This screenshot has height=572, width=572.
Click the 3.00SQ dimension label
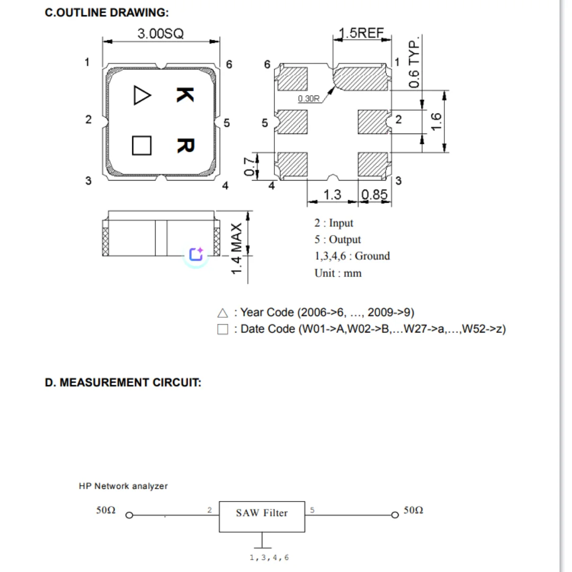coord(160,33)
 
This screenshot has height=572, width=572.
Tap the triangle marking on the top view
coord(142,95)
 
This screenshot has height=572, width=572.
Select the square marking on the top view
coord(141,146)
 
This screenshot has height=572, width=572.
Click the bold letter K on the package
coord(185,95)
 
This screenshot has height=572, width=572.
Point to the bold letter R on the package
coord(186,146)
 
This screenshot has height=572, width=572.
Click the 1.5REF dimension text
coord(361,33)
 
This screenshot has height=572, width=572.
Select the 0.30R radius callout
coord(309,99)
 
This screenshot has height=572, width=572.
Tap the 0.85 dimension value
coord(374,194)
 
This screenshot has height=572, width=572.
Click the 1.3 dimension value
coord(332,194)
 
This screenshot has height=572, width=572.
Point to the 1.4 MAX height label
coord(236,248)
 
